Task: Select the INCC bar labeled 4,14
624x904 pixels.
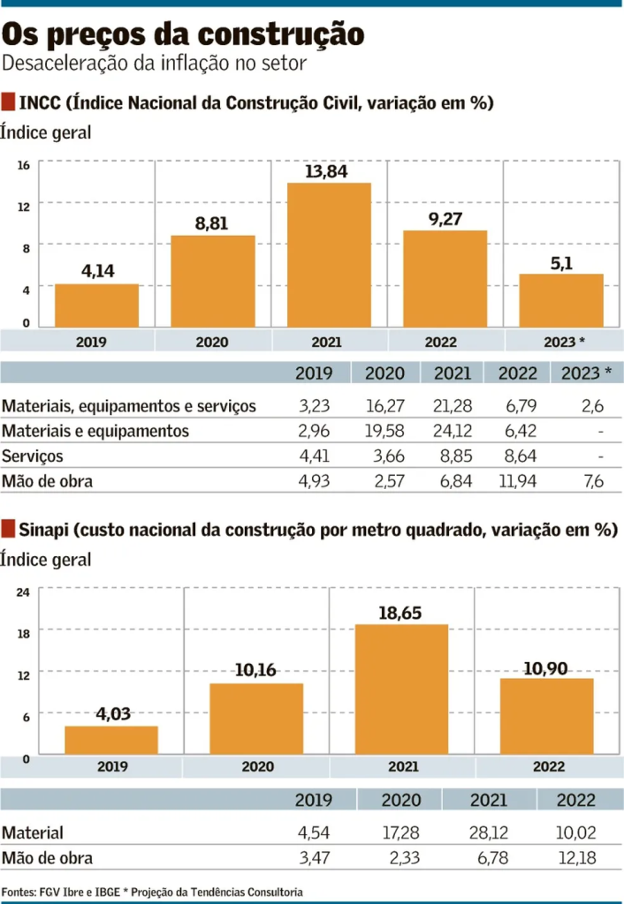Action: (97, 305)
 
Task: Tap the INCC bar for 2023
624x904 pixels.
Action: (560, 300)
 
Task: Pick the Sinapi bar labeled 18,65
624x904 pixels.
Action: (401, 689)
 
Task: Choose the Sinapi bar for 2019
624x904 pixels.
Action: (111, 740)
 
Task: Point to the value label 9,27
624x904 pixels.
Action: (445, 218)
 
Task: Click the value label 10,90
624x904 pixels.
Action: (546, 668)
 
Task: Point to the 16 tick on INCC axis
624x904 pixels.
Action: (25, 165)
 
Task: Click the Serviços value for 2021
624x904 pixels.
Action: (453, 456)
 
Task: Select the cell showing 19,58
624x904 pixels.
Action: (384, 432)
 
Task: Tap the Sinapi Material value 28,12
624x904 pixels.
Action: (488, 832)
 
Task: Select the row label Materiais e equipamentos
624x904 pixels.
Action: (95, 432)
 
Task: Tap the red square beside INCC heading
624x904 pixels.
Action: (9, 102)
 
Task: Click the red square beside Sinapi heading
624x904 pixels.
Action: (9, 529)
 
